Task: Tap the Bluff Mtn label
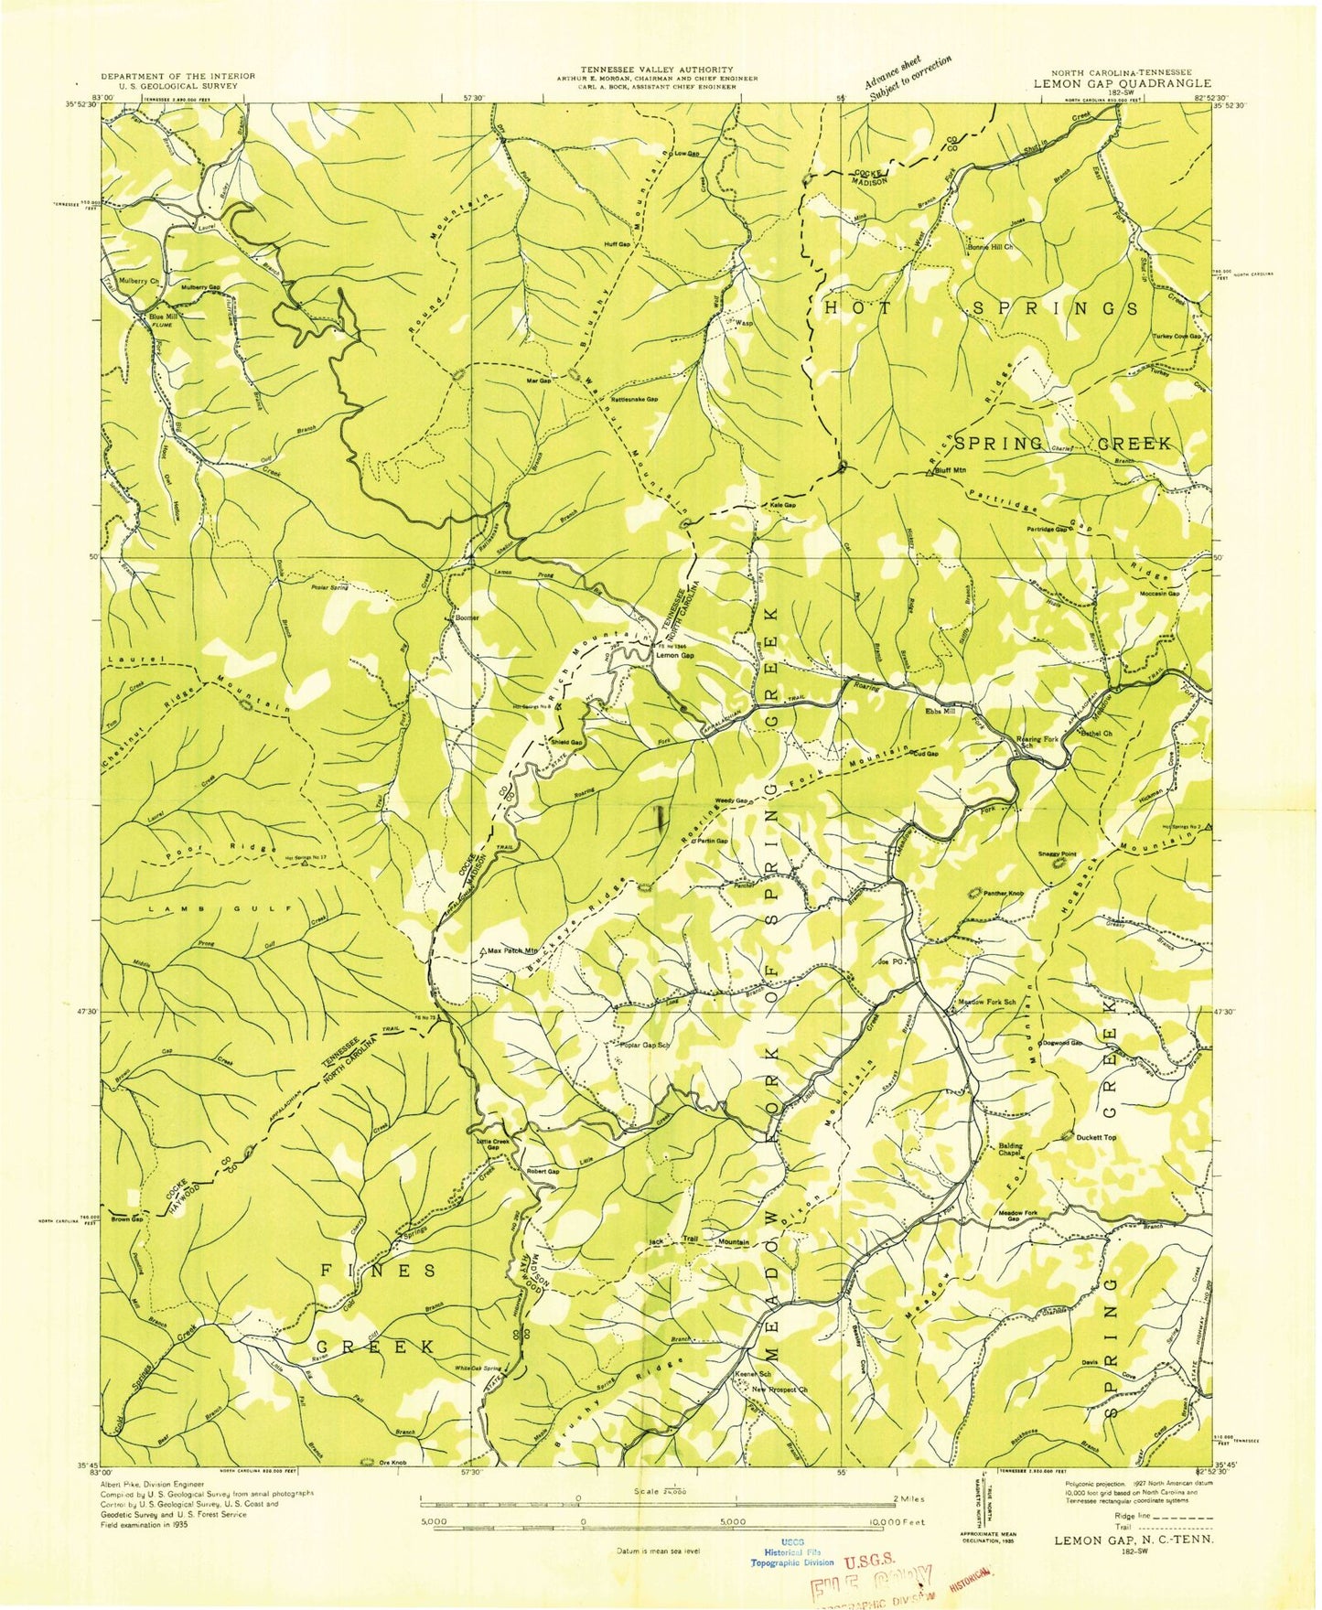click(x=951, y=470)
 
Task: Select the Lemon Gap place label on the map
click(x=675, y=655)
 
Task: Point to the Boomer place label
click(x=468, y=617)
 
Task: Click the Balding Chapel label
click(x=1010, y=1150)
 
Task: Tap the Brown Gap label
click(x=127, y=1219)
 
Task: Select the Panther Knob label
click(x=1004, y=893)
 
